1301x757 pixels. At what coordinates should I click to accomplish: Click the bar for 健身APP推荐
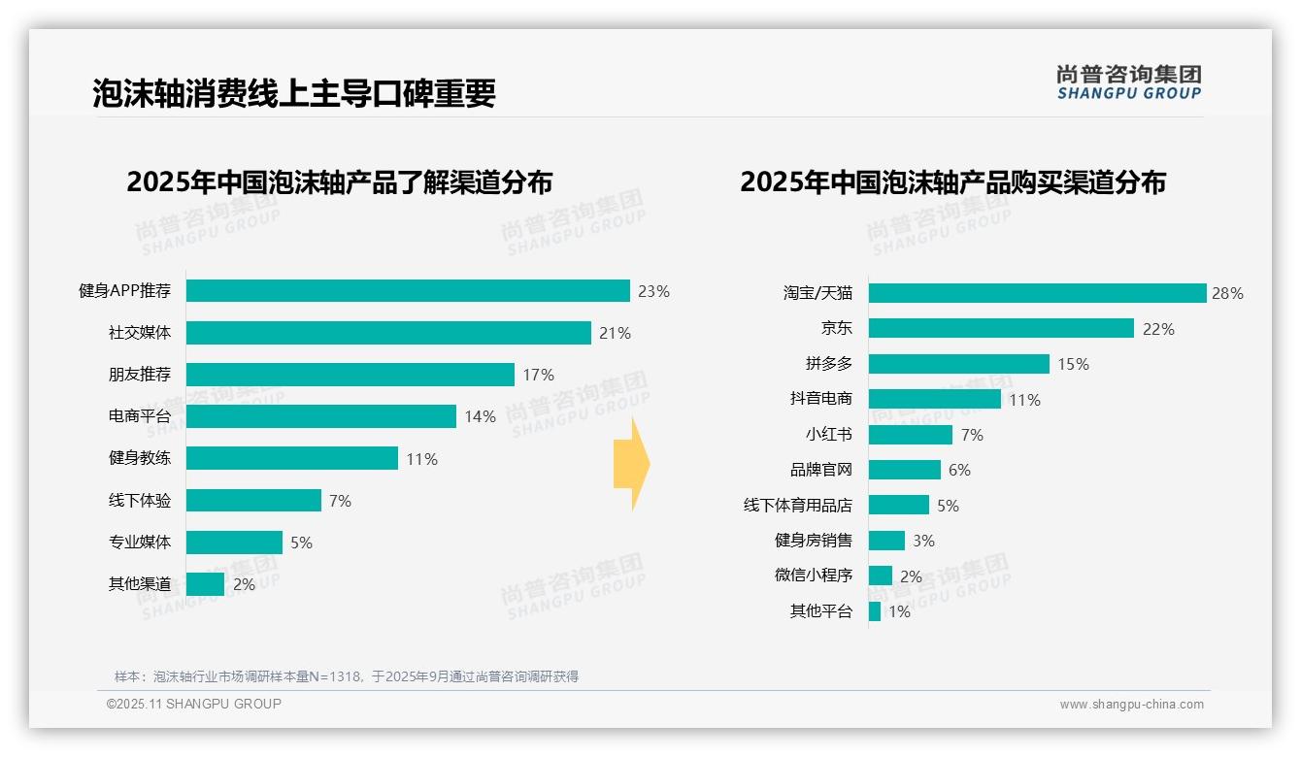(x=408, y=291)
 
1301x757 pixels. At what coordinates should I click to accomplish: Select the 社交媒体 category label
(x=140, y=333)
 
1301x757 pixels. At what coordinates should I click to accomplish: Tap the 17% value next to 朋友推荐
(x=538, y=375)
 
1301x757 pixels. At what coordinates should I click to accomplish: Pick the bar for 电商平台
(x=320, y=416)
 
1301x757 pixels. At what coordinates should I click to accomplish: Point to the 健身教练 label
(x=140, y=458)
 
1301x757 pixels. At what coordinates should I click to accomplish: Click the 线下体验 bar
(x=253, y=500)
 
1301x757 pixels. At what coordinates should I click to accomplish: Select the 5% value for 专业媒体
(x=301, y=543)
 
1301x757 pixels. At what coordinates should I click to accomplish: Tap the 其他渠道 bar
(x=205, y=584)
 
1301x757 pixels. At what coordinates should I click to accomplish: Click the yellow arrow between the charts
(x=632, y=465)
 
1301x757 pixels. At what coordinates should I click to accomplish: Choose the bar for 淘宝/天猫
(x=1037, y=293)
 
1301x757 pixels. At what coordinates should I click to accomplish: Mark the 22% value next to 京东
(x=1158, y=329)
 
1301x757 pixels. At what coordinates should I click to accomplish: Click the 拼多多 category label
(x=828, y=364)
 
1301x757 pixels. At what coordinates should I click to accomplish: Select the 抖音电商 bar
(x=934, y=399)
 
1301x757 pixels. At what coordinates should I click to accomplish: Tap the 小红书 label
(x=828, y=435)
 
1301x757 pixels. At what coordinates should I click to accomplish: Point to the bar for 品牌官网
(x=904, y=470)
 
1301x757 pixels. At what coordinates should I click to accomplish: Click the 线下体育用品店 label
(x=798, y=506)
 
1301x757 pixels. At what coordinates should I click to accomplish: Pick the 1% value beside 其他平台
(x=899, y=611)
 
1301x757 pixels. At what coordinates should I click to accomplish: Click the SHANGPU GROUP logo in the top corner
(x=1128, y=82)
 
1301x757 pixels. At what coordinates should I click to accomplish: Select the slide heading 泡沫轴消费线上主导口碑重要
(x=294, y=93)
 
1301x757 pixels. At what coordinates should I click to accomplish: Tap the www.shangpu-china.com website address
(x=1131, y=705)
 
